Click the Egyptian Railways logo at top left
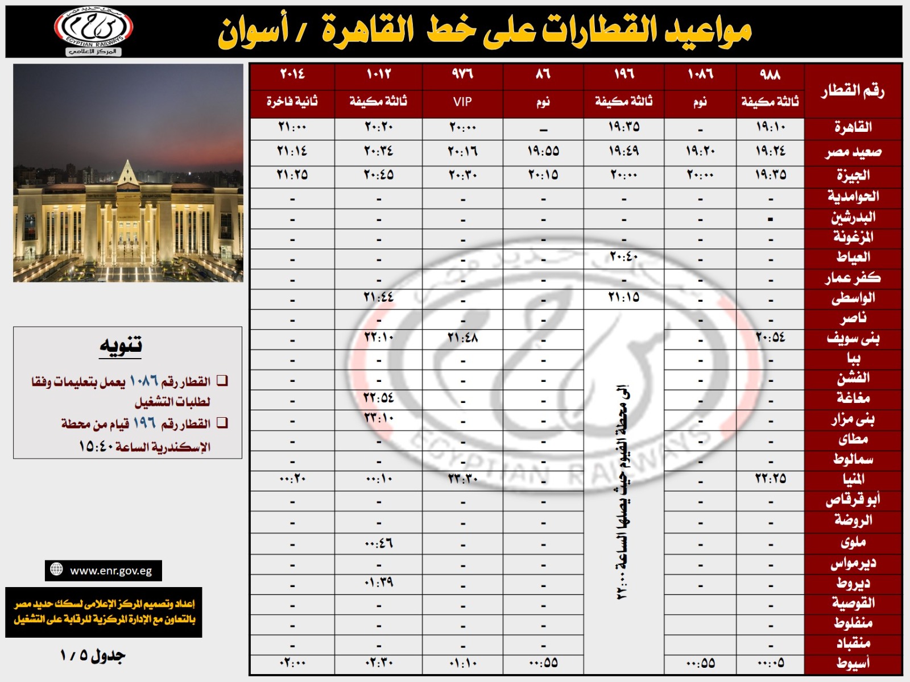(x=93, y=30)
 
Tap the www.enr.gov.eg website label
(x=104, y=571)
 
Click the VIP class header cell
(x=462, y=102)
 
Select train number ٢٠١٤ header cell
(x=292, y=74)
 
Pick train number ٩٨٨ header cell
(x=770, y=74)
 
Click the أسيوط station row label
(x=853, y=663)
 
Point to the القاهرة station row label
(x=853, y=127)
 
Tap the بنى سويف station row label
(x=853, y=339)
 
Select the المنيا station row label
(x=853, y=479)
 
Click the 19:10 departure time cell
(x=770, y=127)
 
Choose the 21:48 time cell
(x=462, y=338)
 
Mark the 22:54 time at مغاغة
(x=379, y=398)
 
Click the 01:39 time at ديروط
(x=379, y=583)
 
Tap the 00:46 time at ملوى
(x=379, y=544)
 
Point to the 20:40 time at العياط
(x=623, y=257)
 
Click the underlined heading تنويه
(x=121, y=346)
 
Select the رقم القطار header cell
(x=853, y=91)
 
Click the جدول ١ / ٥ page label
(x=93, y=655)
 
